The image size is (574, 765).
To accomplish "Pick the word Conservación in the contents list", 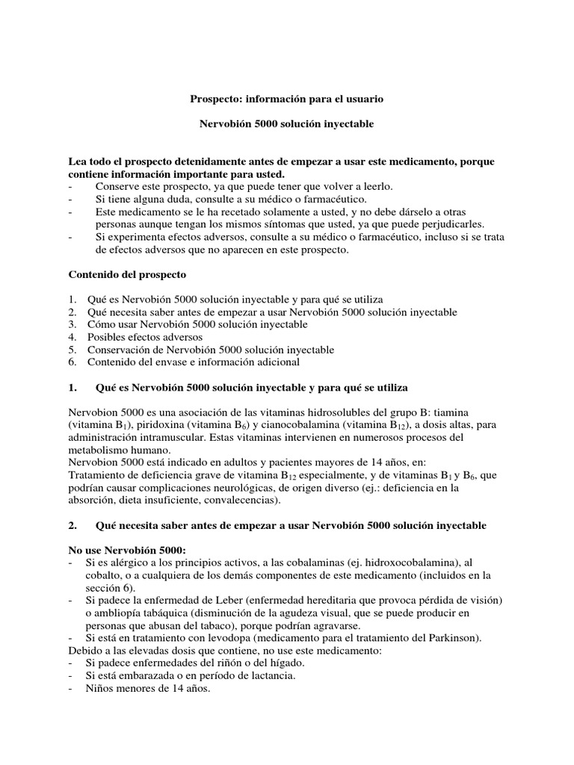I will [x=120, y=350].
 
